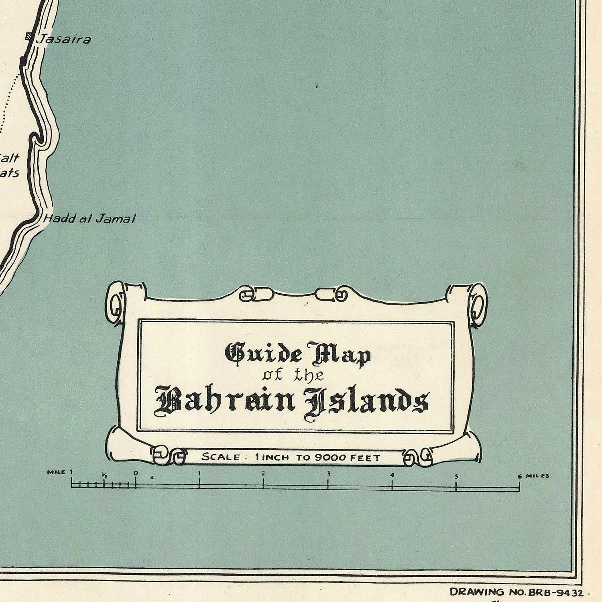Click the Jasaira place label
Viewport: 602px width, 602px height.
[63, 39]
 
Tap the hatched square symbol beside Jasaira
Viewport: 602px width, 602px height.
[28, 36]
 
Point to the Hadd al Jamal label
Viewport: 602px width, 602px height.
[89, 219]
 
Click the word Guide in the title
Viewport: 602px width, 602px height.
[264, 353]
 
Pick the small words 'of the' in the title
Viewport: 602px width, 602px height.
[293, 375]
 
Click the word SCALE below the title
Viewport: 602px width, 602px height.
[221, 457]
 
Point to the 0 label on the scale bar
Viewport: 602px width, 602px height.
[136, 473]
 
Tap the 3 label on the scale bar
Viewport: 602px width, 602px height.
[328, 474]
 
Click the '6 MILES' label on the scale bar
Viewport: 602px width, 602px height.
[533, 476]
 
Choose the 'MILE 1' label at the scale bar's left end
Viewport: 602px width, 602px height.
[60, 472]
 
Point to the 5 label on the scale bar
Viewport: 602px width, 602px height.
[456, 477]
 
